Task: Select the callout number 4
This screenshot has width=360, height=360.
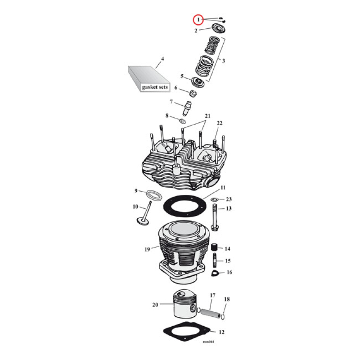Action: point(162,59)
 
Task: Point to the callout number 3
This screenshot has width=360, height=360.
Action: point(224,60)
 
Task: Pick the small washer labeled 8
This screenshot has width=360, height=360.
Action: point(184,121)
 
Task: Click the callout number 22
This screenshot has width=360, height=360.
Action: point(220,123)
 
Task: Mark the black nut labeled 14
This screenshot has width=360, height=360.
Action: point(215,248)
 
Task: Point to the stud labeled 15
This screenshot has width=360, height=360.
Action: point(216,261)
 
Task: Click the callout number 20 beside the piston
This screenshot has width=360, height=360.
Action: point(155,304)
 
